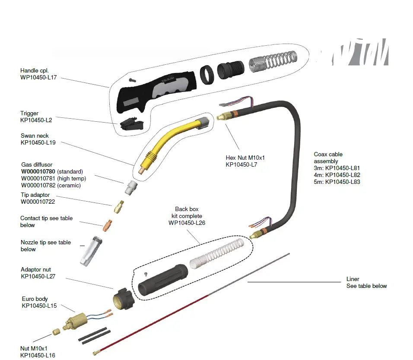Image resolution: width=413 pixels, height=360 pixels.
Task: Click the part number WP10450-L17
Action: (x=38, y=77)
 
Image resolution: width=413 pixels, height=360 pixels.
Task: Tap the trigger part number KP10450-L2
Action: (x=36, y=120)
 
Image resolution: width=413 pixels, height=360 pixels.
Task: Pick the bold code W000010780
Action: (x=38, y=171)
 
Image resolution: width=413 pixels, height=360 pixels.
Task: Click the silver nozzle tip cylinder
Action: (x=90, y=251)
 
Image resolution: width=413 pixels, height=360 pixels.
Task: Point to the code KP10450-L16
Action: (x=38, y=355)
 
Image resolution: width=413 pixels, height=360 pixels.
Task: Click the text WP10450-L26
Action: (x=187, y=223)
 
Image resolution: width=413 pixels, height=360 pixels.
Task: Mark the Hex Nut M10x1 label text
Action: (x=245, y=158)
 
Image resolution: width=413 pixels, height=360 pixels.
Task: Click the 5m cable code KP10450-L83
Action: (x=343, y=182)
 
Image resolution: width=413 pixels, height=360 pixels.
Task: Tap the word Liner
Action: (x=353, y=279)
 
